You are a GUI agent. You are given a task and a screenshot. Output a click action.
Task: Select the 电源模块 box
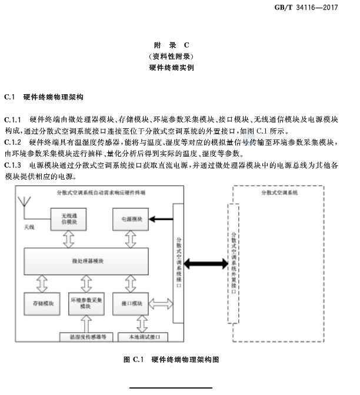pos(131,219)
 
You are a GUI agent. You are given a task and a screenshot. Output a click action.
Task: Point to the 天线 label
pos(29,227)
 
